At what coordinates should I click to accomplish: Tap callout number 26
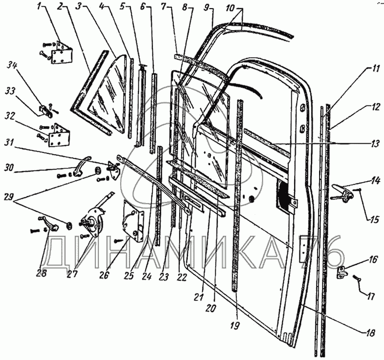coord(105,276)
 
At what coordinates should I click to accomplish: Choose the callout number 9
coord(207,8)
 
